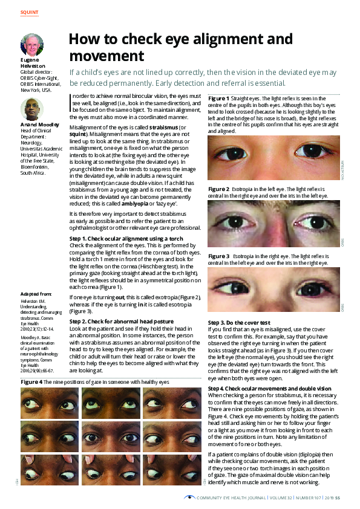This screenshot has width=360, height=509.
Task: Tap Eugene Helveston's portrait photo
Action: coord(31,45)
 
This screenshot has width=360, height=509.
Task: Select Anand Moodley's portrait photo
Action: coord(31,109)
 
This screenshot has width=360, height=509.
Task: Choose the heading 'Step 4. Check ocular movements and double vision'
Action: coord(269,371)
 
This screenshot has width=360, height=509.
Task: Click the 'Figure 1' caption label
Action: coord(218,98)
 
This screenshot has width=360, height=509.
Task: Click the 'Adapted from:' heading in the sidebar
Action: coord(36,293)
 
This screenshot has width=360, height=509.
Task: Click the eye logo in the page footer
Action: coord(191,497)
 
